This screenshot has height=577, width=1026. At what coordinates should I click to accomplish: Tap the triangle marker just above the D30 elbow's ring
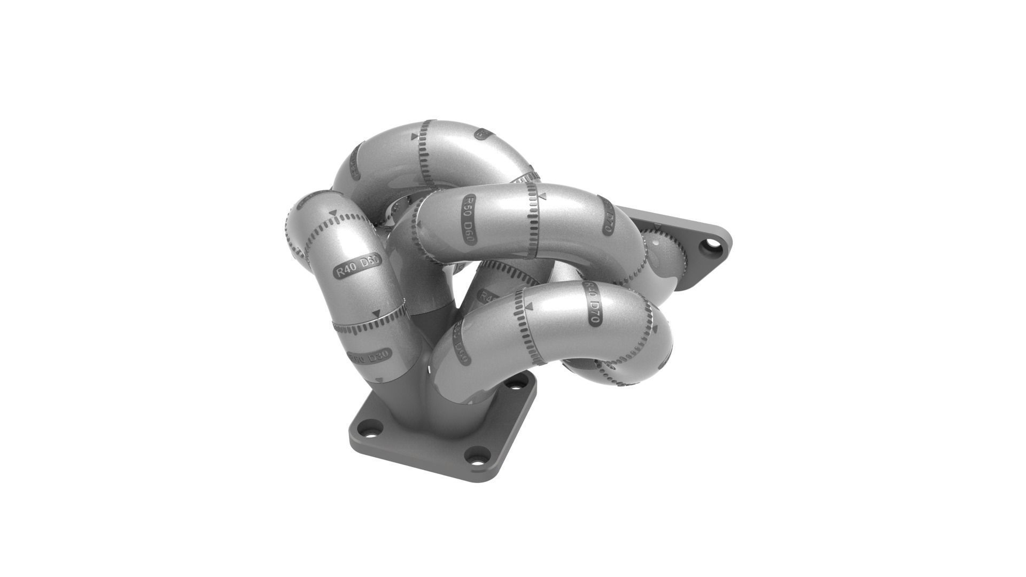click(x=378, y=313)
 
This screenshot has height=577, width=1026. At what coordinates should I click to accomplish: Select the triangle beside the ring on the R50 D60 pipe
click(x=541, y=196)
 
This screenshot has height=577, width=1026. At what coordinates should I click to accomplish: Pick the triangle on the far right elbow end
click(x=657, y=229)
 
